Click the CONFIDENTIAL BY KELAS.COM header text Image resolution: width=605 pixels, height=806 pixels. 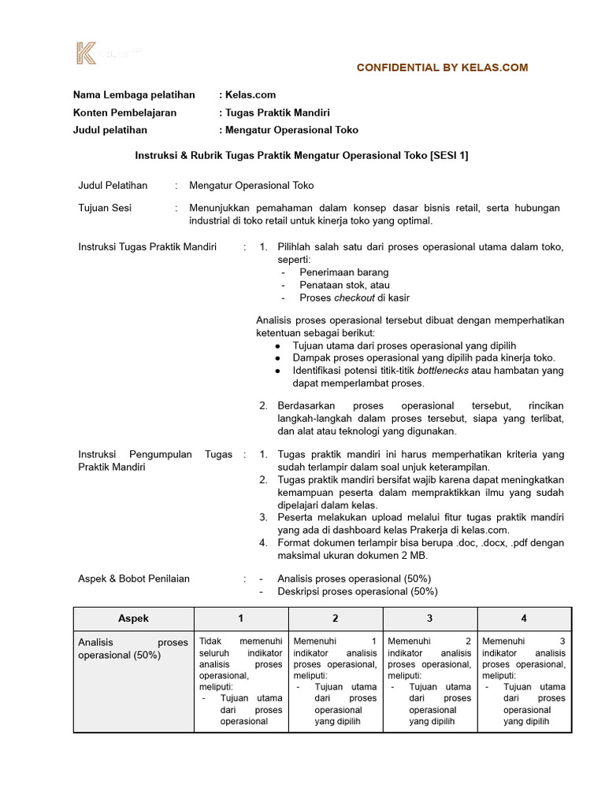[x=442, y=68]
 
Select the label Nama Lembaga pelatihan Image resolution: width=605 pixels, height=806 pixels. [x=134, y=95]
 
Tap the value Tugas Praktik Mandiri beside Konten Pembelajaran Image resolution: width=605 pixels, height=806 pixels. [x=277, y=113]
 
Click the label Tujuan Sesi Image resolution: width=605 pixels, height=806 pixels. [x=105, y=208]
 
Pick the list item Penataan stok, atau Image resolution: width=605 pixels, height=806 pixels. [x=344, y=285]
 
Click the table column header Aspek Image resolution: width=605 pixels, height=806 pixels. [x=133, y=619]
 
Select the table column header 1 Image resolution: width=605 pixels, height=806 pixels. [x=241, y=619]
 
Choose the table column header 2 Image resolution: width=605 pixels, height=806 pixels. [x=336, y=619]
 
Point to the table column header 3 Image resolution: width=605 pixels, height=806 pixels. [x=430, y=619]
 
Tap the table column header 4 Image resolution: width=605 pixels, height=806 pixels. [x=524, y=619]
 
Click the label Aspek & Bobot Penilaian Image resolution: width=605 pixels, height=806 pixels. [x=134, y=579]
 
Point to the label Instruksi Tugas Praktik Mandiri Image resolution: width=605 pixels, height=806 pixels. [x=147, y=247]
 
